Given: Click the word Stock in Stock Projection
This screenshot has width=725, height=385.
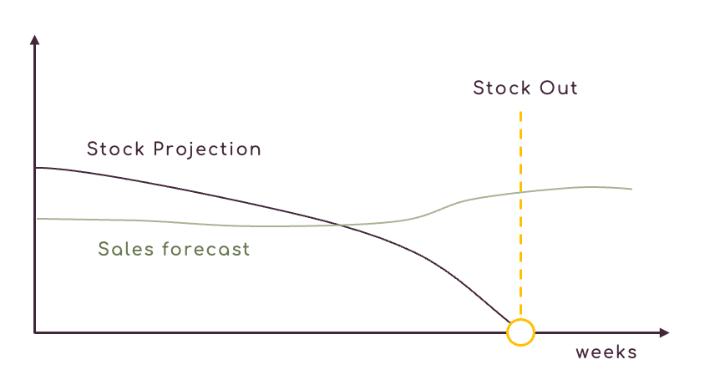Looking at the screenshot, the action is tap(115, 149).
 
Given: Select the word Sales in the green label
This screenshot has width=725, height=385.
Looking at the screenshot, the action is tap(126, 249).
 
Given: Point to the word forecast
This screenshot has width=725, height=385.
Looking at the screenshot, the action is tap(206, 249).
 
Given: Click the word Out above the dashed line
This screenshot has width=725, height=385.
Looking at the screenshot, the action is tap(559, 88).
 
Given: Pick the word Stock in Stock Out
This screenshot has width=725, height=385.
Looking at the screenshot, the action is tap(502, 88).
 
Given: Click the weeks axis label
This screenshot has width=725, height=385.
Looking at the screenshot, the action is tap(606, 352).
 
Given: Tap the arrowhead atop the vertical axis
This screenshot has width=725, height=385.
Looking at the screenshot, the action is tap(35, 40).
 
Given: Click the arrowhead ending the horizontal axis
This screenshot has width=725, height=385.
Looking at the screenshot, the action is tap(664, 332).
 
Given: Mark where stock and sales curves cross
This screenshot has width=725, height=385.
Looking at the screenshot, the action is tap(341, 225).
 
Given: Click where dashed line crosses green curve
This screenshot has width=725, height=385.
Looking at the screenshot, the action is tap(520, 192).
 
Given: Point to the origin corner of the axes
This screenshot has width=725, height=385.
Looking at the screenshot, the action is tap(35, 332).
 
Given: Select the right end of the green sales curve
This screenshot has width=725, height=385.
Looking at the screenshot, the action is tap(631, 189).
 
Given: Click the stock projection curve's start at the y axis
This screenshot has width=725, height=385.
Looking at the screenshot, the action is tap(36, 168).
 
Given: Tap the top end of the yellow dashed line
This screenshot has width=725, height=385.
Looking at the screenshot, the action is tap(520, 112).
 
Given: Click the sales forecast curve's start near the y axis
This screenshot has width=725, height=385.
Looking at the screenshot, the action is tap(38, 219).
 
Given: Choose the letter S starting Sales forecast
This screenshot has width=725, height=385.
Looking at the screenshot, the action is tap(104, 249).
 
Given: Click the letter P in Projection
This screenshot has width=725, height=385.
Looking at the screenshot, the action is tap(160, 149).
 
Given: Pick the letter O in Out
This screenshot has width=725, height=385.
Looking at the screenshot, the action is tap(547, 88).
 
